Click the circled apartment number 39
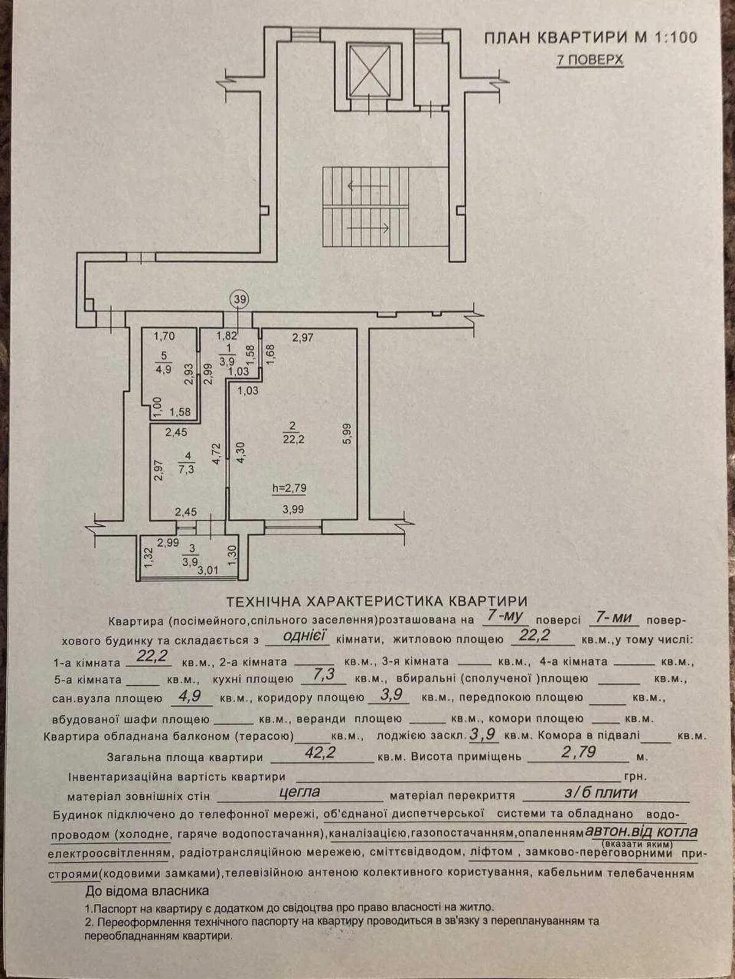click(239, 299)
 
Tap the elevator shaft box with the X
click(369, 70)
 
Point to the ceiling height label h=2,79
click(289, 488)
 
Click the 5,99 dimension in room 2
click(347, 434)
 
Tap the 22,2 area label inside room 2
click(293, 439)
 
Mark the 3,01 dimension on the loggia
click(208, 571)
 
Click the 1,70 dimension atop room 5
click(164, 335)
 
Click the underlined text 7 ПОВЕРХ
click(589, 60)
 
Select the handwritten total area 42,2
click(320, 753)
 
